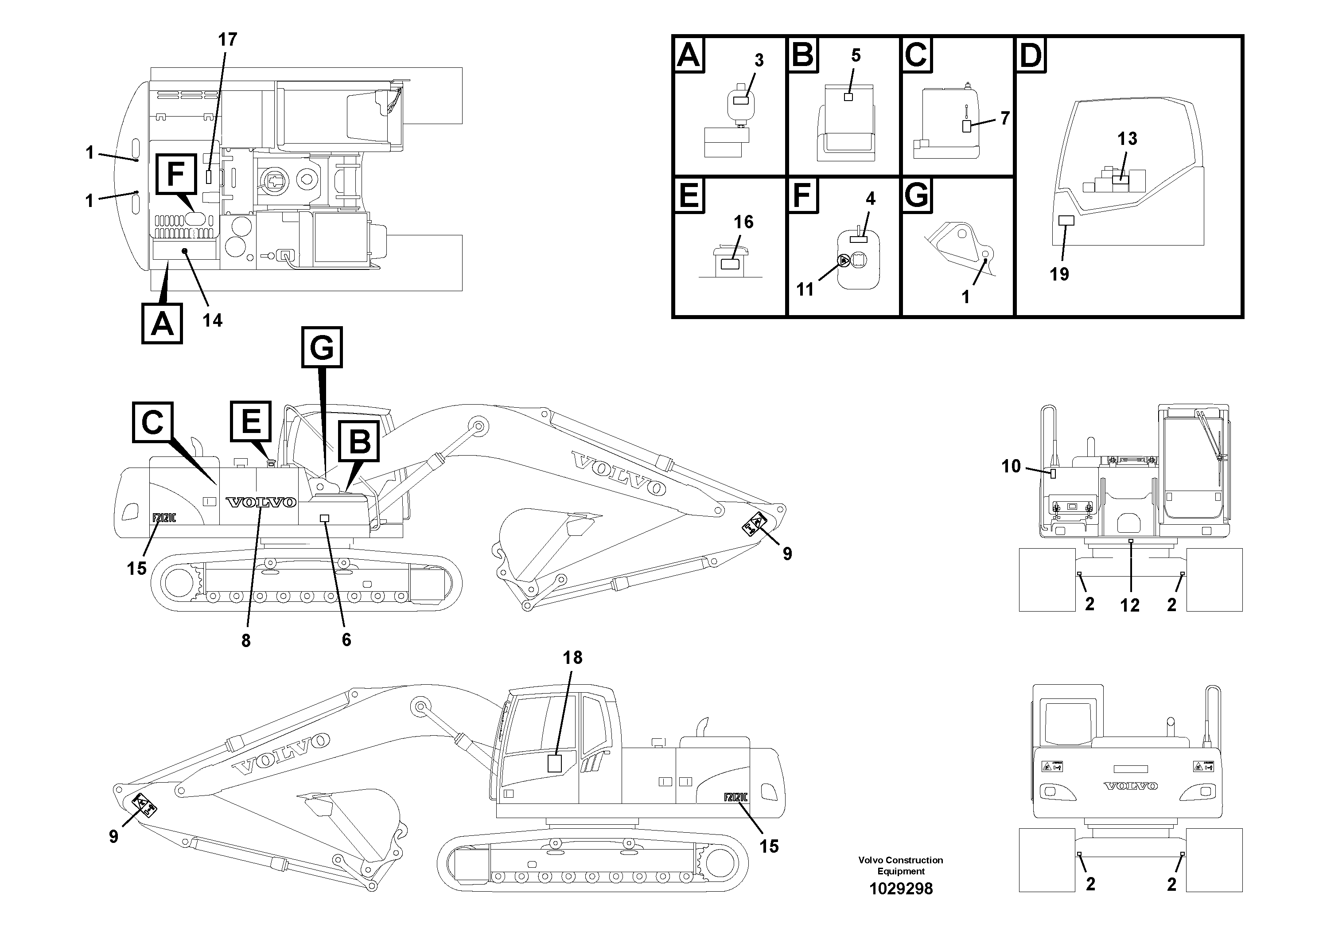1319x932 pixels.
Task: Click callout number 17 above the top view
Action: [x=227, y=39]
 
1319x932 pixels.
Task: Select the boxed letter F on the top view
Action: [x=175, y=175]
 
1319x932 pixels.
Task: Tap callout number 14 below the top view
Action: [x=213, y=320]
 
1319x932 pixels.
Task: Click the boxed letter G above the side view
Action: [x=322, y=347]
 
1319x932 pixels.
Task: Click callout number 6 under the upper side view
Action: [x=346, y=640]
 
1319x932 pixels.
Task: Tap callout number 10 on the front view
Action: [x=1011, y=466]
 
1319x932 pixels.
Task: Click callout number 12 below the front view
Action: [x=1129, y=605]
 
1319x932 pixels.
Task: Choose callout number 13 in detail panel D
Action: [x=1127, y=138]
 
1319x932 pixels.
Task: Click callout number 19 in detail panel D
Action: [x=1059, y=274]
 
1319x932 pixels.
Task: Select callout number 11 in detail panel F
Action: [x=805, y=289]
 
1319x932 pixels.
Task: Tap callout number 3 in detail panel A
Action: [x=759, y=60]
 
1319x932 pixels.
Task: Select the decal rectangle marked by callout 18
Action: [x=554, y=764]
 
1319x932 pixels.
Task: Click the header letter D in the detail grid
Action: [x=1031, y=56]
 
